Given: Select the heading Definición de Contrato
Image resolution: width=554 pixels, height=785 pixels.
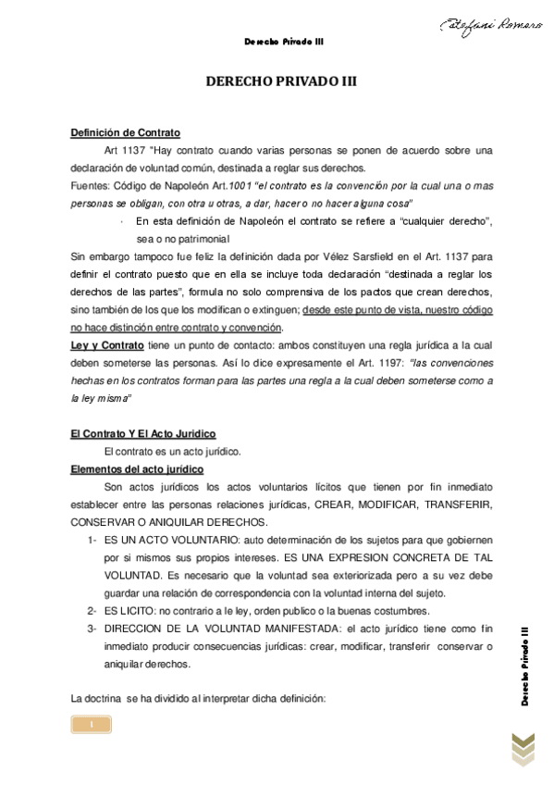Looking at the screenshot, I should pos(126,132).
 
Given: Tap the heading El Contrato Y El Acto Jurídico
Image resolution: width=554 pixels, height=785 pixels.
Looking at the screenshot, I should pos(142,433).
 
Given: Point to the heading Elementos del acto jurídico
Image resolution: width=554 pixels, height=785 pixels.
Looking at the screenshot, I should pos(138,468).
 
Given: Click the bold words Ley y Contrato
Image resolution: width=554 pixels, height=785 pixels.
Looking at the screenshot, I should pos(107,345).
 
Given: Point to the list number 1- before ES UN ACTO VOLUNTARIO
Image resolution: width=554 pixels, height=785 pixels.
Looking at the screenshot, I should pos(92,540).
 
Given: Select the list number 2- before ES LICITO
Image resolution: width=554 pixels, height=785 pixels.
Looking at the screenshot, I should pos(92,611).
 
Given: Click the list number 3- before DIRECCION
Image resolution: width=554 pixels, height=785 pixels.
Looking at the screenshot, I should pos(92,629).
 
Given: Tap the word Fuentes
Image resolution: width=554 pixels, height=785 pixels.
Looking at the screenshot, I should pos(91,185).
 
